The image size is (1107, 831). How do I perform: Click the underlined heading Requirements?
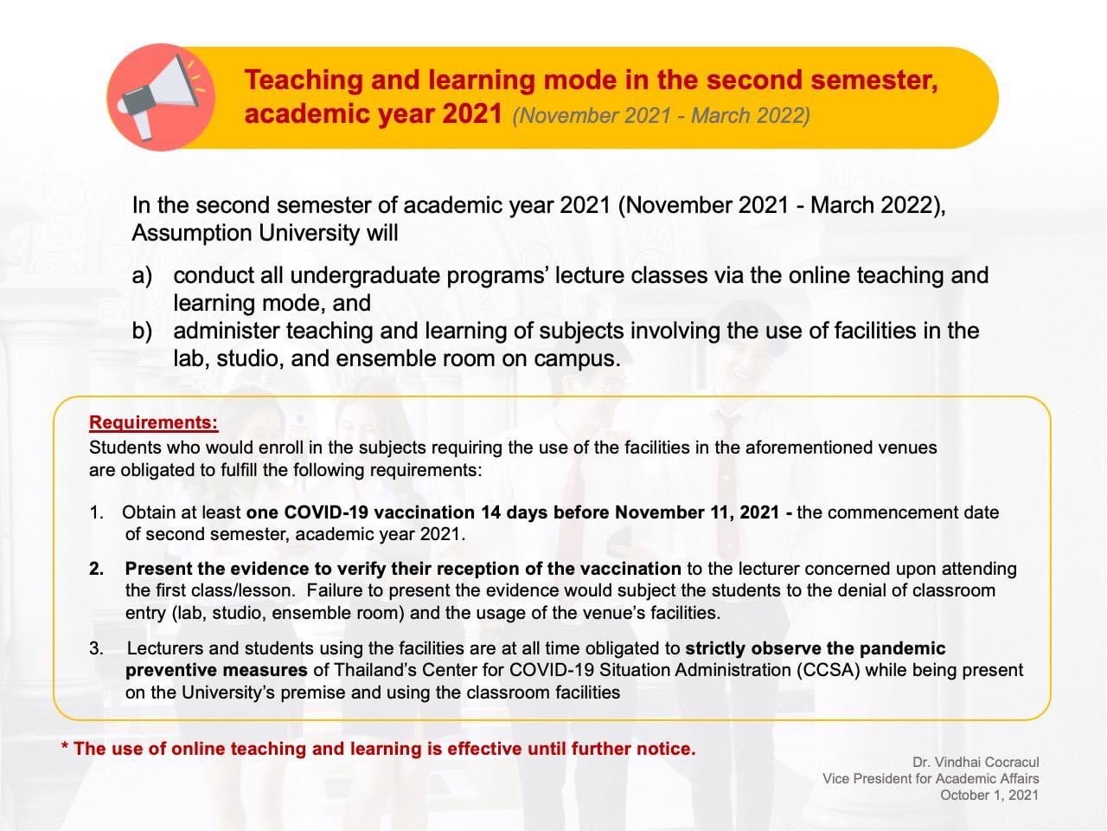[x=153, y=422]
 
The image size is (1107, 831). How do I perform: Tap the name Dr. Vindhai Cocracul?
[x=976, y=763]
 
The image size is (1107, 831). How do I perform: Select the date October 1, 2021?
[x=989, y=795]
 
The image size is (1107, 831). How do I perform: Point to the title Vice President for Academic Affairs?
[x=931, y=778]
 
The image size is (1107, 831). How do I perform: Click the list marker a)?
[x=142, y=276]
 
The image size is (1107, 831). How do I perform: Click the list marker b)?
[x=142, y=331]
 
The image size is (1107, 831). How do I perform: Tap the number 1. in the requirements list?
[x=96, y=512]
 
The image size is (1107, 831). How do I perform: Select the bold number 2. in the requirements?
[x=96, y=569]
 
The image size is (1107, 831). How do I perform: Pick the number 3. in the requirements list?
[x=96, y=648]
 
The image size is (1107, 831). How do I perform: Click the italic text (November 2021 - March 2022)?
[x=661, y=116]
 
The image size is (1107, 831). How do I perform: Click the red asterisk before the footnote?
[x=65, y=748]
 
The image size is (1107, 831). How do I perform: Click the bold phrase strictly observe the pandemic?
[x=815, y=648]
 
